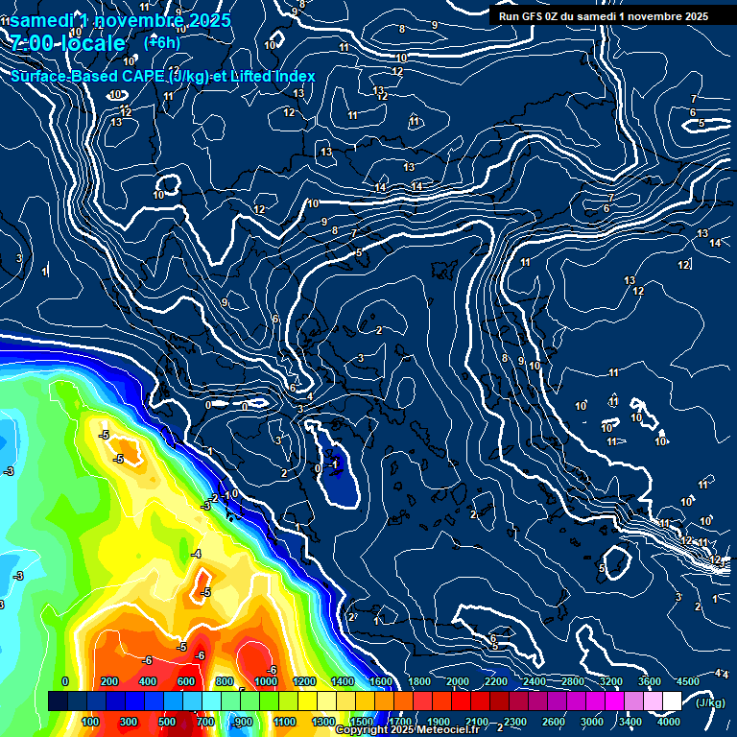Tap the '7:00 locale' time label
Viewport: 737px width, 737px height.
[68, 43]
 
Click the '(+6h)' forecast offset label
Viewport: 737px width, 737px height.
[161, 41]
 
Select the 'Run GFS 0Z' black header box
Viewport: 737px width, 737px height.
[604, 15]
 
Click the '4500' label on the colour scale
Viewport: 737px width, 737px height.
[688, 681]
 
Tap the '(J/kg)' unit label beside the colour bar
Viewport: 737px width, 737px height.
[710, 703]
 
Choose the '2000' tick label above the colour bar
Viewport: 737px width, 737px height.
[458, 681]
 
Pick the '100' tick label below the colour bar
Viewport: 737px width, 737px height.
[91, 722]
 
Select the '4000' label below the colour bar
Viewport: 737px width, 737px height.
[670, 722]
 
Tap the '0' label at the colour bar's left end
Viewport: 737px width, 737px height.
[65, 681]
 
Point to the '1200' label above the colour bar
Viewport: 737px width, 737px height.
[303, 681]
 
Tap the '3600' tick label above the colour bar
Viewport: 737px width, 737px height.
[650, 681]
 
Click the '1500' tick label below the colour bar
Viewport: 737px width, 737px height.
[362, 722]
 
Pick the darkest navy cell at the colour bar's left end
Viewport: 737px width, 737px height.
[59, 702]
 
